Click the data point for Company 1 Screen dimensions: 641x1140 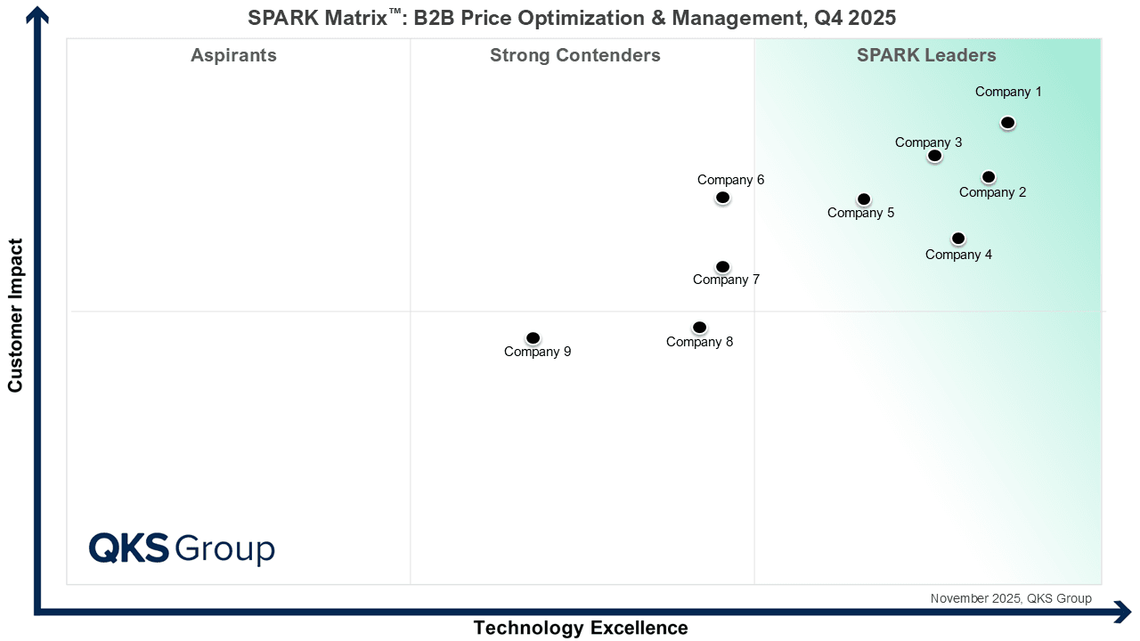(1007, 123)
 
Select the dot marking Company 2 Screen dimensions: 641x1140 (989, 177)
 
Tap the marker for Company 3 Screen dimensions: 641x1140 (934, 156)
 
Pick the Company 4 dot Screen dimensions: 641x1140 (958, 239)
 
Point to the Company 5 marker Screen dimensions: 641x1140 (864, 199)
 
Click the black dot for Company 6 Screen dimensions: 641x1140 (722, 198)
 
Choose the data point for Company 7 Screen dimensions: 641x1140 (722, 267)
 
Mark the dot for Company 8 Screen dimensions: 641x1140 (700, 328)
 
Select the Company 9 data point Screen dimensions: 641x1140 (533, 338)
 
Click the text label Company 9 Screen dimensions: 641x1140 (537, 352)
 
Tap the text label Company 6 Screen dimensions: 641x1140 (730, 180)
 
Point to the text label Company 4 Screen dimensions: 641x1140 (958, 255)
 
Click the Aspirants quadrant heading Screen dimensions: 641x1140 (233, 55)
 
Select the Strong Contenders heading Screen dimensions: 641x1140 (575, 55)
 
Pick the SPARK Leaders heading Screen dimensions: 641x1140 (926, 55)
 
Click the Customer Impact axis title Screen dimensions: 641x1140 (15, 314)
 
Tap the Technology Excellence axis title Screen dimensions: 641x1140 (581, 628)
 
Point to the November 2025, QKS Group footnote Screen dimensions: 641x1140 (1011, 598)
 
